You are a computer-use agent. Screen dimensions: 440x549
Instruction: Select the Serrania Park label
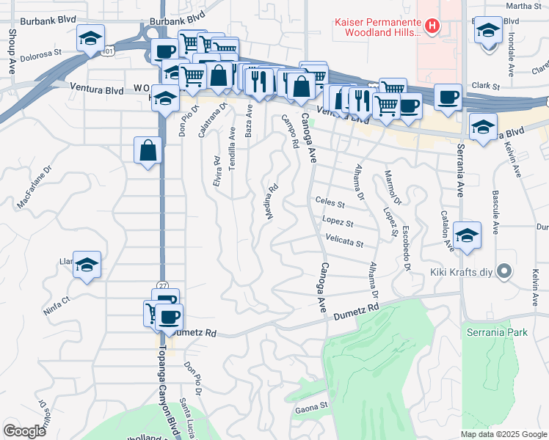click(497, 332)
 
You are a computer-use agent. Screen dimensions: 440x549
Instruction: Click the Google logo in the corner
click(24, 431)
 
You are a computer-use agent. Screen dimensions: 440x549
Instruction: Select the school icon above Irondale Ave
click(487, 32)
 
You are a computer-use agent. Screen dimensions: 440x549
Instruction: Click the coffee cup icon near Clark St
click(447, 98)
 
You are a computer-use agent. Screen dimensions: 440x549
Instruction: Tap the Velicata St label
click(344, 242)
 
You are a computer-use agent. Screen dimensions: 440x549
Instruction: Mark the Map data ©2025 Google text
click(503, 434)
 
